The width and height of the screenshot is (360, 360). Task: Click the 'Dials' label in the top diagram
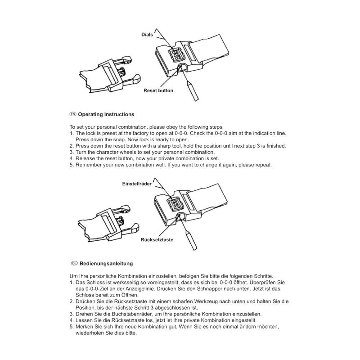(x=147, y=34)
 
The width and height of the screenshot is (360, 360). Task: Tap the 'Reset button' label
(x=158, y=90)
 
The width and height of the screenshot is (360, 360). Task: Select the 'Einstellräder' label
(x=137, y=184)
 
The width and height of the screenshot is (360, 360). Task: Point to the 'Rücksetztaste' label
(x=157, y=240)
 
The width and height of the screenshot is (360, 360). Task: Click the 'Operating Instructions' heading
(x=106, y=114)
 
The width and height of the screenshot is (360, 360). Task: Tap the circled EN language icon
(x=73, y=114)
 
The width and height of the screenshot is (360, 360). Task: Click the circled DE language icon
(x=73, y=263)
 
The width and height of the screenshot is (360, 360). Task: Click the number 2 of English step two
(x=71, y=146)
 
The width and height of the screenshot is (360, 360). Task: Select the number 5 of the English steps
(x=71, y=165)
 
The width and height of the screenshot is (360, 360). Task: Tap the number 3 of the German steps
(x=71, y=314)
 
